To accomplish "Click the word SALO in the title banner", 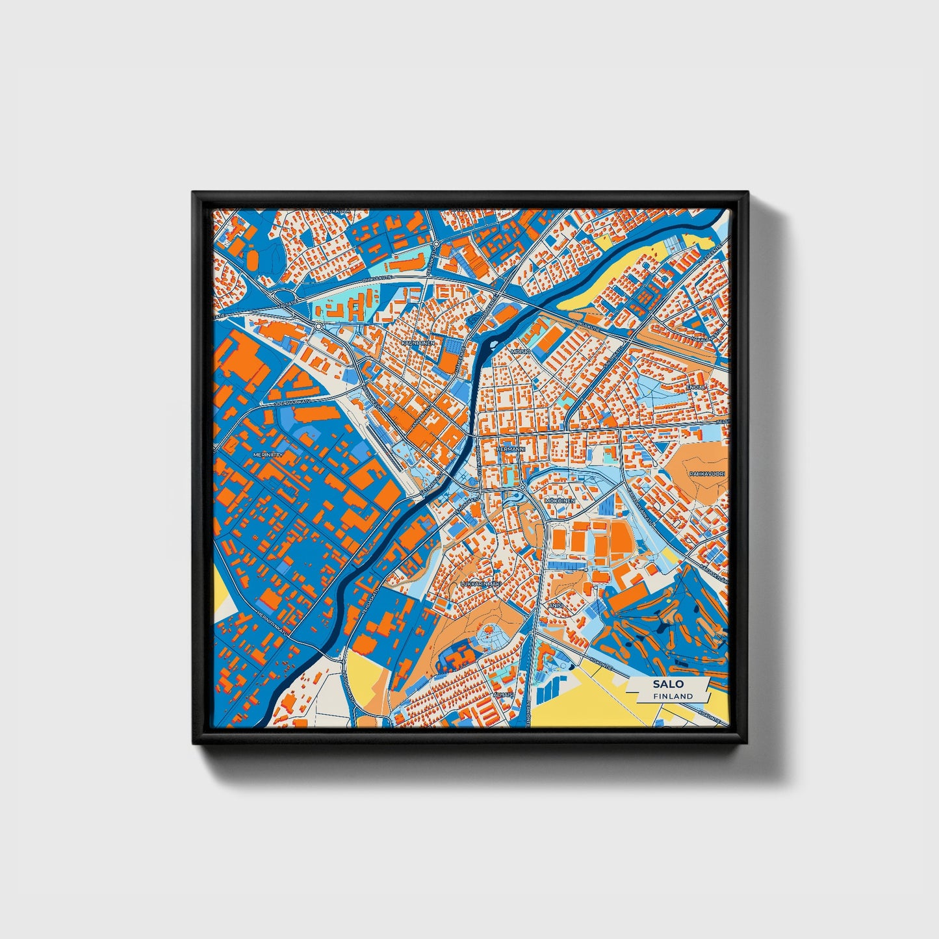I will click(669, 684).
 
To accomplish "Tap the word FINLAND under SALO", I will click(673, 696).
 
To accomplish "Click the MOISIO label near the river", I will click(521, 351).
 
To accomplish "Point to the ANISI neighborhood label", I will click(555, 606).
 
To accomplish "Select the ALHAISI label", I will click(503, 694).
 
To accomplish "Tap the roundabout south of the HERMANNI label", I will click(522, 487).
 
